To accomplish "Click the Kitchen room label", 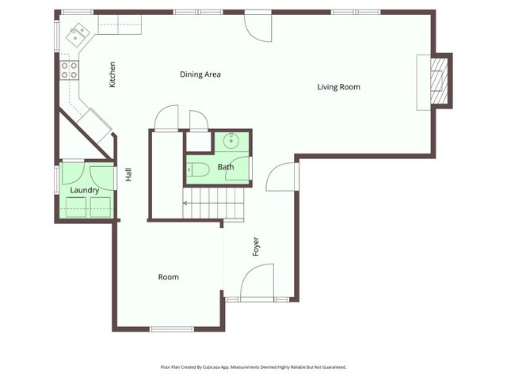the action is pyautogui.click(x=112, y=74).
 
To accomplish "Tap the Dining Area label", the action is pyautogui.click(x=200, y=74).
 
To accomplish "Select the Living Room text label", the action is pyautogui.click(x=338, y=87).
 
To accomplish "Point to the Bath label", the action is pyautogui.click(x=226, y=167).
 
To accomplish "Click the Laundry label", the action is pyautogui.click(x=85, y=190).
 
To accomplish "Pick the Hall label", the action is pyautogui.click(x=128, y=174).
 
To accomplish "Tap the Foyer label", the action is pyautogui.click(x=256, y=246).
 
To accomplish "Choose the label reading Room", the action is pyautogui.click(x=168, y=277).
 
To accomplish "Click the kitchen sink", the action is pyautogui.click(x=78, y=35).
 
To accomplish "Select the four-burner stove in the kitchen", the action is pyautogui.click(x=69, y=70).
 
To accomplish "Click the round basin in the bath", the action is pyautogui.click(x=231, y=141).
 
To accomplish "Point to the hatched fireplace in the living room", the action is pyautogui.click(x=439, y=81).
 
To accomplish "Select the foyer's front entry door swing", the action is pyautogui.click(x=257, y=280).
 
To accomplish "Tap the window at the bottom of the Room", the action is pyautogui.click(x=172, y=329).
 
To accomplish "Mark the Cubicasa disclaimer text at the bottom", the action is pyautogui.click(x=253, y=367).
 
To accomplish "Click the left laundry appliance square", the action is pyautogui.click(x=76, y=207).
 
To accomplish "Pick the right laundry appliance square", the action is pyautogui.click(x=101, y=207).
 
